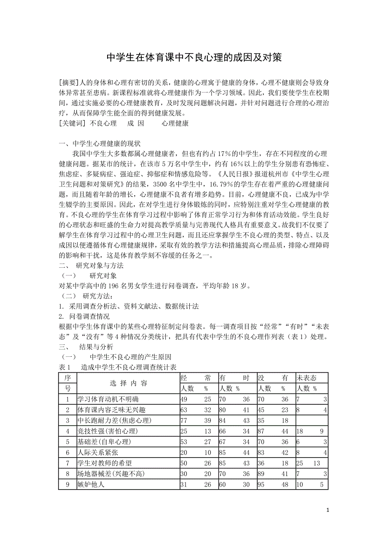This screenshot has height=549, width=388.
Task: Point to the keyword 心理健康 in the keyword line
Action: tap(175, 123)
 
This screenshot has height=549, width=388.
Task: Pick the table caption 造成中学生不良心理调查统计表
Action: tap(129, 367)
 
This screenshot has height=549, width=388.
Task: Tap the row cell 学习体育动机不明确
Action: tap(108, 399)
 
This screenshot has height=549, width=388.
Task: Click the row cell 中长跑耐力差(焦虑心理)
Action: tap(114, 420)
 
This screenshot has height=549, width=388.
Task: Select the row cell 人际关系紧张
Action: tap(98, 452)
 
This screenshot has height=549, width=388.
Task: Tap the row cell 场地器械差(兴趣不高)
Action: tap(111, 474)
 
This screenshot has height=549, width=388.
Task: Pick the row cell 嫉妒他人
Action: tap(91, 484)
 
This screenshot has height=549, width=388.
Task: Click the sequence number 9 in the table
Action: tap(67, 484)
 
